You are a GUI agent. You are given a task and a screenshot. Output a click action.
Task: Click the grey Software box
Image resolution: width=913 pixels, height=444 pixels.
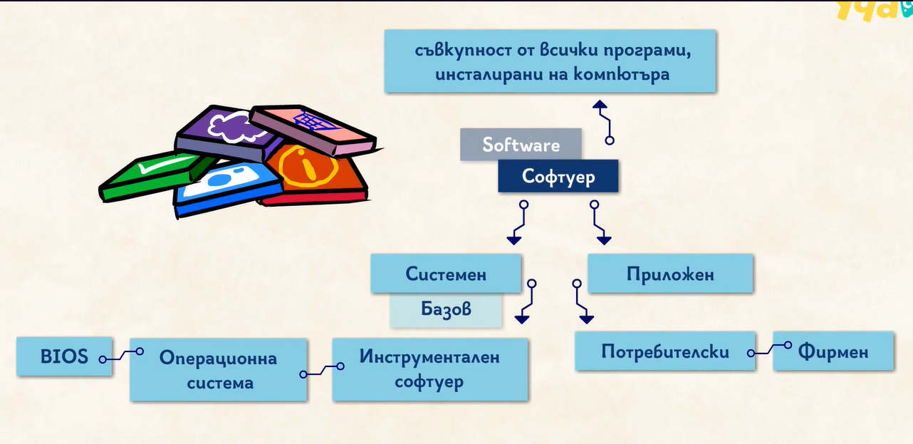[x=521, y=145]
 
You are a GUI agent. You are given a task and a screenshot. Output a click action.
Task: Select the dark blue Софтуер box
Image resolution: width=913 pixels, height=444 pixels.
[x=558, y=176]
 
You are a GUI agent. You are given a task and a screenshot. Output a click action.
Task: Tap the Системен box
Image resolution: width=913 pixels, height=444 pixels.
[x=446, y=274]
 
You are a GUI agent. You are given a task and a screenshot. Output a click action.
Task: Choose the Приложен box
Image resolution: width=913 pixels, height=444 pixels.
[x=670, y=274]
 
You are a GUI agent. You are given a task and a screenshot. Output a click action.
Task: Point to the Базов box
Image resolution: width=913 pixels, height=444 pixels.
[x=446, y=310]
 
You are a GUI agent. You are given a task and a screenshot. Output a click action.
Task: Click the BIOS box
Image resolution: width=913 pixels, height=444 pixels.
[x=64, y=356]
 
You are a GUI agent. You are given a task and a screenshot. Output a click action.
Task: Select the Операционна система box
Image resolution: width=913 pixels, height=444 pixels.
[x=218, y=370]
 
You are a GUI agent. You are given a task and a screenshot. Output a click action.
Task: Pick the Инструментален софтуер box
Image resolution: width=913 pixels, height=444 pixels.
[x=430, y=370]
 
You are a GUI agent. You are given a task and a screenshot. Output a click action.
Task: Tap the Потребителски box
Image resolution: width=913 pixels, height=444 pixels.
[x=664, y=351]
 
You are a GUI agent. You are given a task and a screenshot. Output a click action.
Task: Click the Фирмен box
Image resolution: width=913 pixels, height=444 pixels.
[x=833, y=351]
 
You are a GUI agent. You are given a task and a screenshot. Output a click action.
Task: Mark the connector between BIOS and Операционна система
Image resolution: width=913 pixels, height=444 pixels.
[x=121, y=355]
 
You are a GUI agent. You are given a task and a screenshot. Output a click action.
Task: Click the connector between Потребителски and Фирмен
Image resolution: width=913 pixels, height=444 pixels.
[x=770, y=349]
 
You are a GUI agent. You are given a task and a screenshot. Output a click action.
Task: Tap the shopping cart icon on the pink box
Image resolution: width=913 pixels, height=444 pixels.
[x=313, y=120]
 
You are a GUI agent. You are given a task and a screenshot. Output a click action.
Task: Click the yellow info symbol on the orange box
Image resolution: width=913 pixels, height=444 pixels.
[x=308, y=165]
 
